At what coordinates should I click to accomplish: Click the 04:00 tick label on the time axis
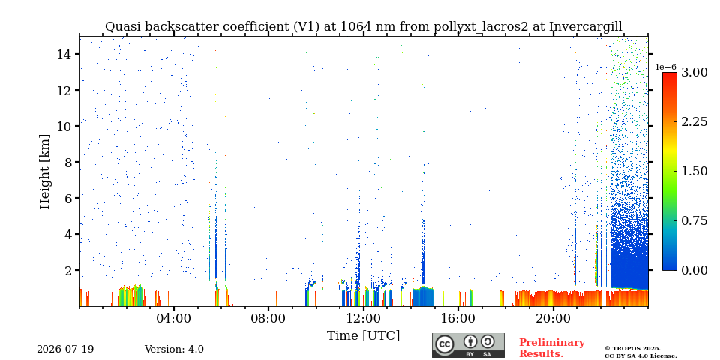[x=174, y=317]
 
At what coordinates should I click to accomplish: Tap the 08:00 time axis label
[x=268, y=317]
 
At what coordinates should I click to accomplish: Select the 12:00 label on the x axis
[x=363, y=317]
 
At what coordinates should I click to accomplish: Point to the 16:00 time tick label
[x=458, y=317]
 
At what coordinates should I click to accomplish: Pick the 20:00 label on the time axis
[x=553, y=317]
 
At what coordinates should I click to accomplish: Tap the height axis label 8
[x=68, y=162]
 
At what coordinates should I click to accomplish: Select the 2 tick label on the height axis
[x=68, y=270]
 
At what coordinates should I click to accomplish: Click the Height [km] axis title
[x=44, y=172]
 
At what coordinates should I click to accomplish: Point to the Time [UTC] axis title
[x=363, y=336]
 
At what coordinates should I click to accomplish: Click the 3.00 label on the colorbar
[x=694, y=73]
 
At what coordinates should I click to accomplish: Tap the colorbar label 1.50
[x=694, y=171]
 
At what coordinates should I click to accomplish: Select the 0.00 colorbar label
[x=694, y=270]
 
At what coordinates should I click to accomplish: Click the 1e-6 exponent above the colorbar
[x=665, y=67]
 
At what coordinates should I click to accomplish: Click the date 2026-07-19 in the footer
[x=65, y=349]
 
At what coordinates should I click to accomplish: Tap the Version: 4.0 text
[x=174, y=349]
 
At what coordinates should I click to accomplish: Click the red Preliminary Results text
[x=552, y=348]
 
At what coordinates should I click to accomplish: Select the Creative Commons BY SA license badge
[x=468, y=345]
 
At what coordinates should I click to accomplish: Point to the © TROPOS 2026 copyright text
[x=632, y=349]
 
